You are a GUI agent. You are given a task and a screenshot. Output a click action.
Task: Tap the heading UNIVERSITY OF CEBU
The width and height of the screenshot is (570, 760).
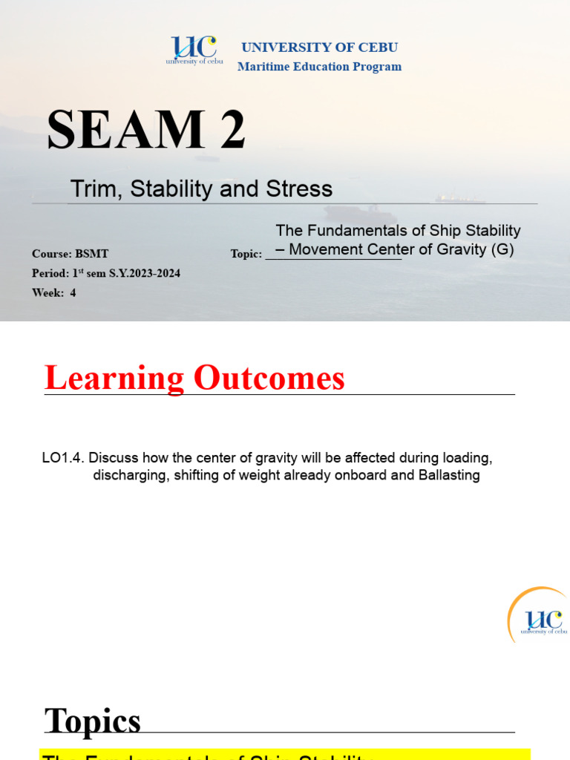(319, 47)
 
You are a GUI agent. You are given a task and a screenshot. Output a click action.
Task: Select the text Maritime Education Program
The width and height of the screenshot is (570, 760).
(319, 67)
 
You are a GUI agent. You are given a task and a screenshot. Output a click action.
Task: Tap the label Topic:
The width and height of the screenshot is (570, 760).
(246, 255)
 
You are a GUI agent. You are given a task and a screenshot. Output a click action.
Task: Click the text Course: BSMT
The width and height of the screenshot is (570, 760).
(71, 254)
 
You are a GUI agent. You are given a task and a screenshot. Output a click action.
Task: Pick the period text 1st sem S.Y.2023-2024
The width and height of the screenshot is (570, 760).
(125, 273)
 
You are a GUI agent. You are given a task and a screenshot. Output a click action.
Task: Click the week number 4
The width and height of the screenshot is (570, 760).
(73, 292)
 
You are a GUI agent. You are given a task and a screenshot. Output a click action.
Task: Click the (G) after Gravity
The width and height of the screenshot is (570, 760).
(502, 250)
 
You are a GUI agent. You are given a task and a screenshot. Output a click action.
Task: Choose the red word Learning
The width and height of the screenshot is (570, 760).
(114, 379)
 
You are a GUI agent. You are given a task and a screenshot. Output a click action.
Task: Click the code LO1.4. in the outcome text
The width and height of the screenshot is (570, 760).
(63, 456)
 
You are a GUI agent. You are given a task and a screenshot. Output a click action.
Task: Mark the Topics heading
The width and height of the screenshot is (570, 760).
(93, 721)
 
